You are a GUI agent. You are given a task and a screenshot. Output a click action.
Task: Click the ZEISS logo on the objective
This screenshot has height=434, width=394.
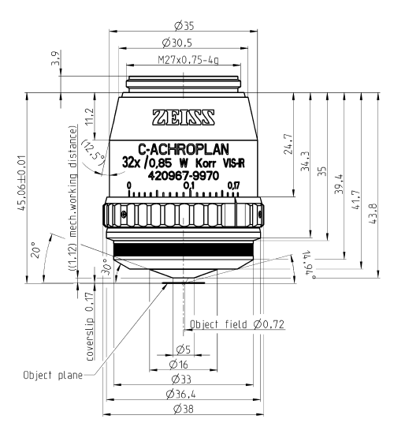coord(184,118)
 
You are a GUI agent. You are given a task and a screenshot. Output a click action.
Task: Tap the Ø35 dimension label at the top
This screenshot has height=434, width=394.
coord(184,26)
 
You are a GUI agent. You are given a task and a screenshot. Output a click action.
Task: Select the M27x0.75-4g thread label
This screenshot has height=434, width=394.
coord(188,59)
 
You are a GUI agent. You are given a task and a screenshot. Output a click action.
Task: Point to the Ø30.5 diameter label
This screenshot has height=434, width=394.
coord(177,43)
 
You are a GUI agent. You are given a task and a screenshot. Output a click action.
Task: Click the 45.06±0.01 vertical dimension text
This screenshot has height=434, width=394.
coord(21,183)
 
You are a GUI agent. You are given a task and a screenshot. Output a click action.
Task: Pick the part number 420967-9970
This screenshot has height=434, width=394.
coord(184,175)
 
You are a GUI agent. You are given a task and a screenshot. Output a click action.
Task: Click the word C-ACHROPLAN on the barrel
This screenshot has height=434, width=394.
coord(184,149)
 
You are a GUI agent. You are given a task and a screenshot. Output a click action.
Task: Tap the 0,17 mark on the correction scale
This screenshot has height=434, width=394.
coord(233,185)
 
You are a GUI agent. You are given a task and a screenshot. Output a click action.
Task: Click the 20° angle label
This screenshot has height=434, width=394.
coord(36,249)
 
